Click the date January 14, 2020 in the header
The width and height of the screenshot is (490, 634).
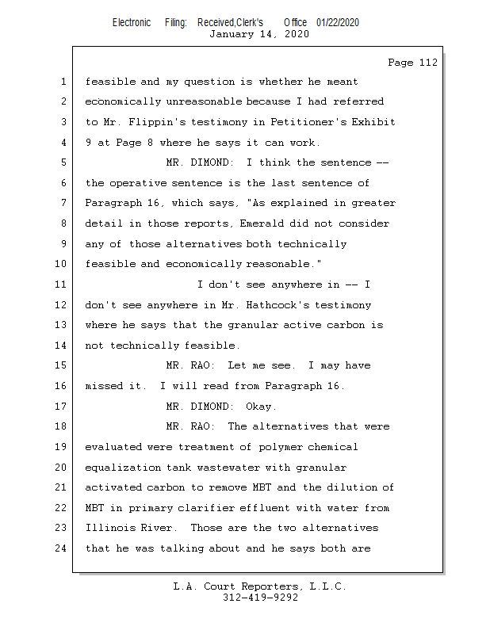(259, 33)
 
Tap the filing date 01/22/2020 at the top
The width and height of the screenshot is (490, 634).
(338, 22)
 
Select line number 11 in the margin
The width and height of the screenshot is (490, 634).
(63, 285)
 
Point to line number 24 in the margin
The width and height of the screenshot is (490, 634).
(63, 548)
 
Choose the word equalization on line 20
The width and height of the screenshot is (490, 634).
(123, 468)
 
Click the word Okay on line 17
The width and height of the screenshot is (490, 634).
(262, 407)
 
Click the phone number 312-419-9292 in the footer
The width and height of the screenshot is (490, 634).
(260, 598)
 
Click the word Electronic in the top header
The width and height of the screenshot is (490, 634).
(132, 22)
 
